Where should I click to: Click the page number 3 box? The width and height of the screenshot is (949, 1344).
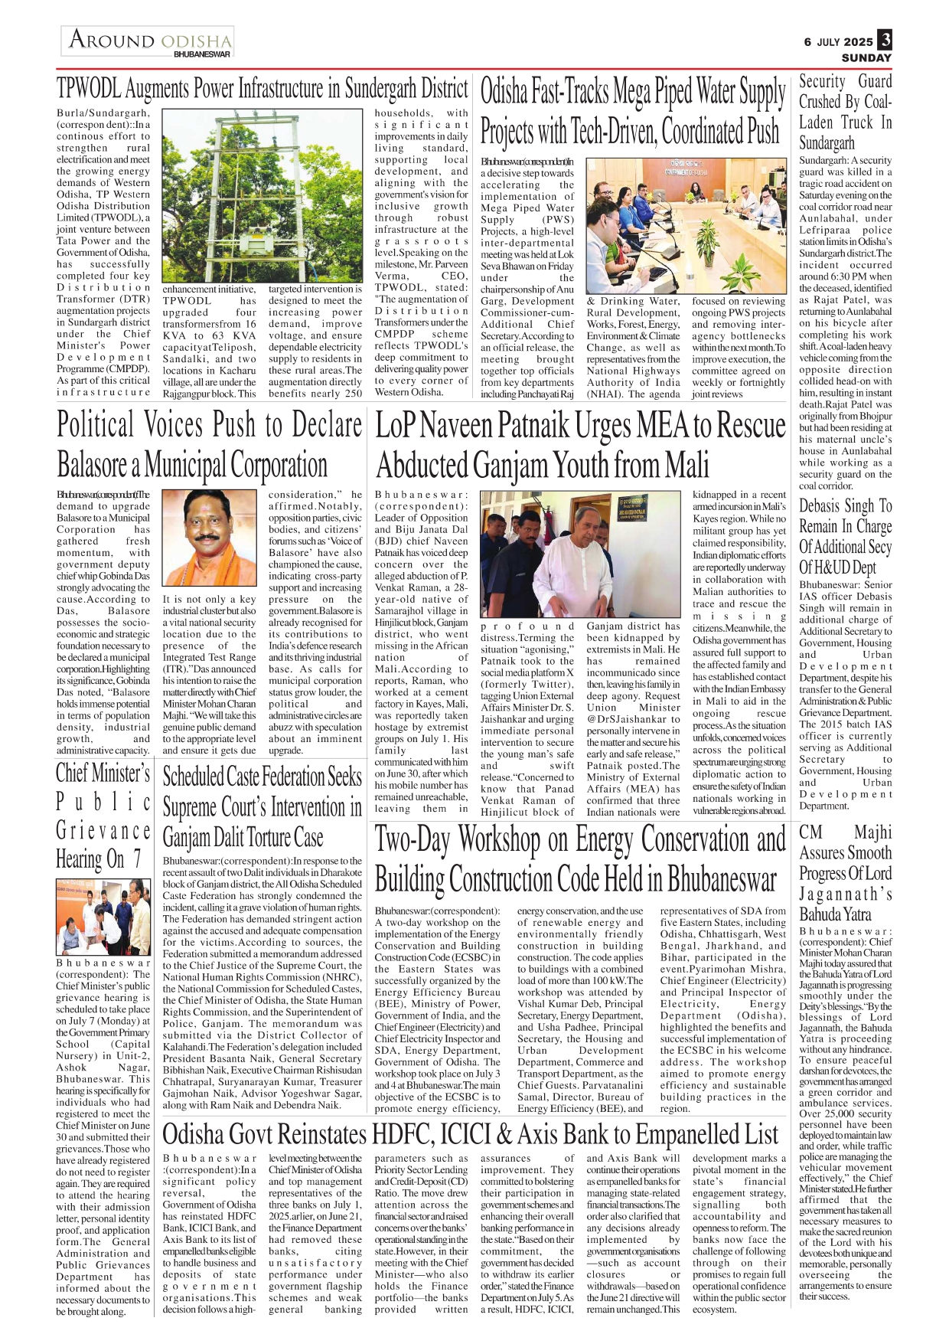point(885,40)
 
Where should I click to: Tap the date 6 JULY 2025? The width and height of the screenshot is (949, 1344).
point(837,42)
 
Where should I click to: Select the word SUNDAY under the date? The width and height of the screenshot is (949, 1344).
point(866,57)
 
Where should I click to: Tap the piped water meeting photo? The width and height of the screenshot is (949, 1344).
point(686,225)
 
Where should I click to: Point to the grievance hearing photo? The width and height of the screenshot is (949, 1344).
point(103,917)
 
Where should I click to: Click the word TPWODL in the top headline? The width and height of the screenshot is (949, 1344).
point(89,90)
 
